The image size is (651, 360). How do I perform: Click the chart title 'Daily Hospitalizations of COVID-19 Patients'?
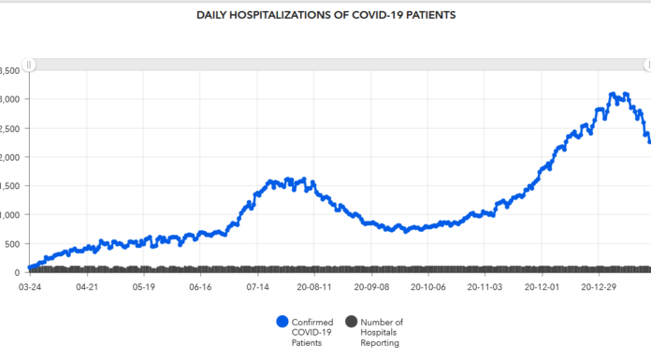[325, 15]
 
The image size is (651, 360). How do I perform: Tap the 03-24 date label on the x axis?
[31, 288]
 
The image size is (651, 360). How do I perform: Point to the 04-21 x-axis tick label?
[87, 288]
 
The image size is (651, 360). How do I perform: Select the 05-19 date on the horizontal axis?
[143, 288]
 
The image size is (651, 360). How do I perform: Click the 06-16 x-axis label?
[200, 288]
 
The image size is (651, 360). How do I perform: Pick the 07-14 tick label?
[256, 288]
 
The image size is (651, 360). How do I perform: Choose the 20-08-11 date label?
[312, 288]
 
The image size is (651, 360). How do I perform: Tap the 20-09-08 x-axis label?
[369, 288]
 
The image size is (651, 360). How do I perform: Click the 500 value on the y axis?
[9, 243]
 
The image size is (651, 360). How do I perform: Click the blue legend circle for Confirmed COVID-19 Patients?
[282, 322]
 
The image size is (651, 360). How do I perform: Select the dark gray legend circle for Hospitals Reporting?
[353, 322]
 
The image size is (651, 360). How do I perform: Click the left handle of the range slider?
[30, 65]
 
